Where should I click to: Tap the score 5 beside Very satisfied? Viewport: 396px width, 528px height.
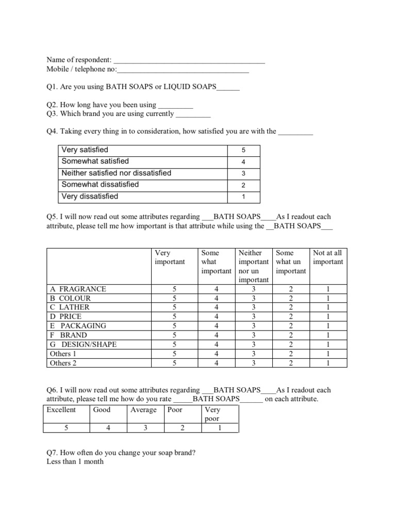[x=243, y=150]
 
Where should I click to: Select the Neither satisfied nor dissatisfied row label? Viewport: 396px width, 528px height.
[x=116, y=173]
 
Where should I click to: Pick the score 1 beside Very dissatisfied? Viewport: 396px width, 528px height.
[x=243, y=196]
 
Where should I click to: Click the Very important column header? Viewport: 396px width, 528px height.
[x=170, y=257]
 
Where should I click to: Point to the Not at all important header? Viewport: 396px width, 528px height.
[x=328, y=257]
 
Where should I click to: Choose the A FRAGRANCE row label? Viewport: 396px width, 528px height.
[x=77, y=289]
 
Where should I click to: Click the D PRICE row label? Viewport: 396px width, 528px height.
[x=65, y=317]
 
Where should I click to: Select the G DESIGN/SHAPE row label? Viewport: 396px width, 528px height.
[x=83, y=344]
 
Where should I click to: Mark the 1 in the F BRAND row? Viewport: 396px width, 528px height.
[x=328, y=335]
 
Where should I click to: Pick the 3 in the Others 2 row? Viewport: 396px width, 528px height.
[x=253, y=363]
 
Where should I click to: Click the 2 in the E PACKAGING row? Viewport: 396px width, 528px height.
[x=291, y=326]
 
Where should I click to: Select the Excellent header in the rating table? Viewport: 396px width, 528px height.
[x=61, y=410]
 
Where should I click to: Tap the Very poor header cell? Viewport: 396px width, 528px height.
[x=212, y=415]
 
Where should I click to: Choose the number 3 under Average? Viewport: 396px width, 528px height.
[x=145, y=428]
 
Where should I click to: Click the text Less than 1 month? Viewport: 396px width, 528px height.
[x=75, y=461]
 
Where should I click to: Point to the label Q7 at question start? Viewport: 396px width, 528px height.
[x=52, y=453]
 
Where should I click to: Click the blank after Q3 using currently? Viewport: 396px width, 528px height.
[x=193, y=114]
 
